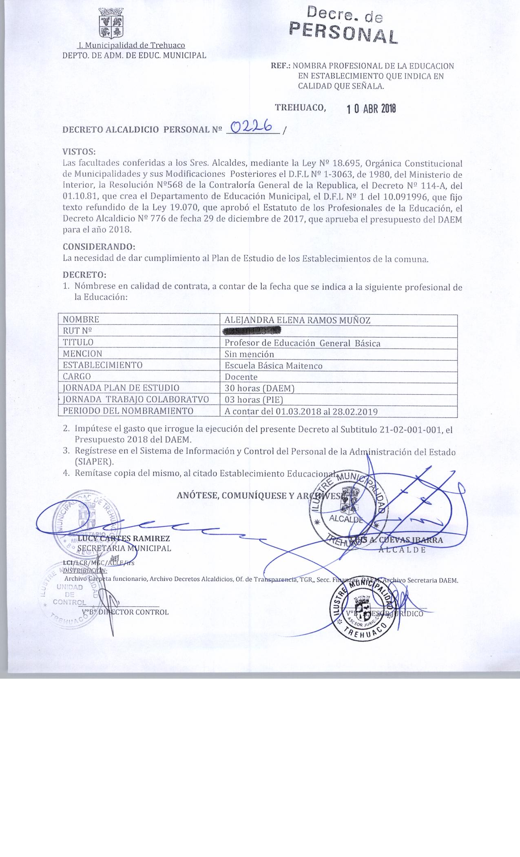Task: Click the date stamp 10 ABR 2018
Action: pyautogui.click(x=371, y=109)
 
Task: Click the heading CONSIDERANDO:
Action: pyautogui.click(x=99, y=247)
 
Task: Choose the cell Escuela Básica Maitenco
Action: pyautogui.click(x=273, y=366)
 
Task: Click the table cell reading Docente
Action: pyautogui.click(x=241, y=377)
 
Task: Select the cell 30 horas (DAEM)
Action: pyautogui.click(x=259, y=388)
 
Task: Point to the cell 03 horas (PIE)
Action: pyautogui.click(x=254, y=400)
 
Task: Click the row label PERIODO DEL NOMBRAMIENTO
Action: pyautogui.click(x=128, y=411)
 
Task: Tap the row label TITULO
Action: pyautogui.click(x=78, y=342)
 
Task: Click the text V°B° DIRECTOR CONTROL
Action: pyautogui.click(x=125, y=612)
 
